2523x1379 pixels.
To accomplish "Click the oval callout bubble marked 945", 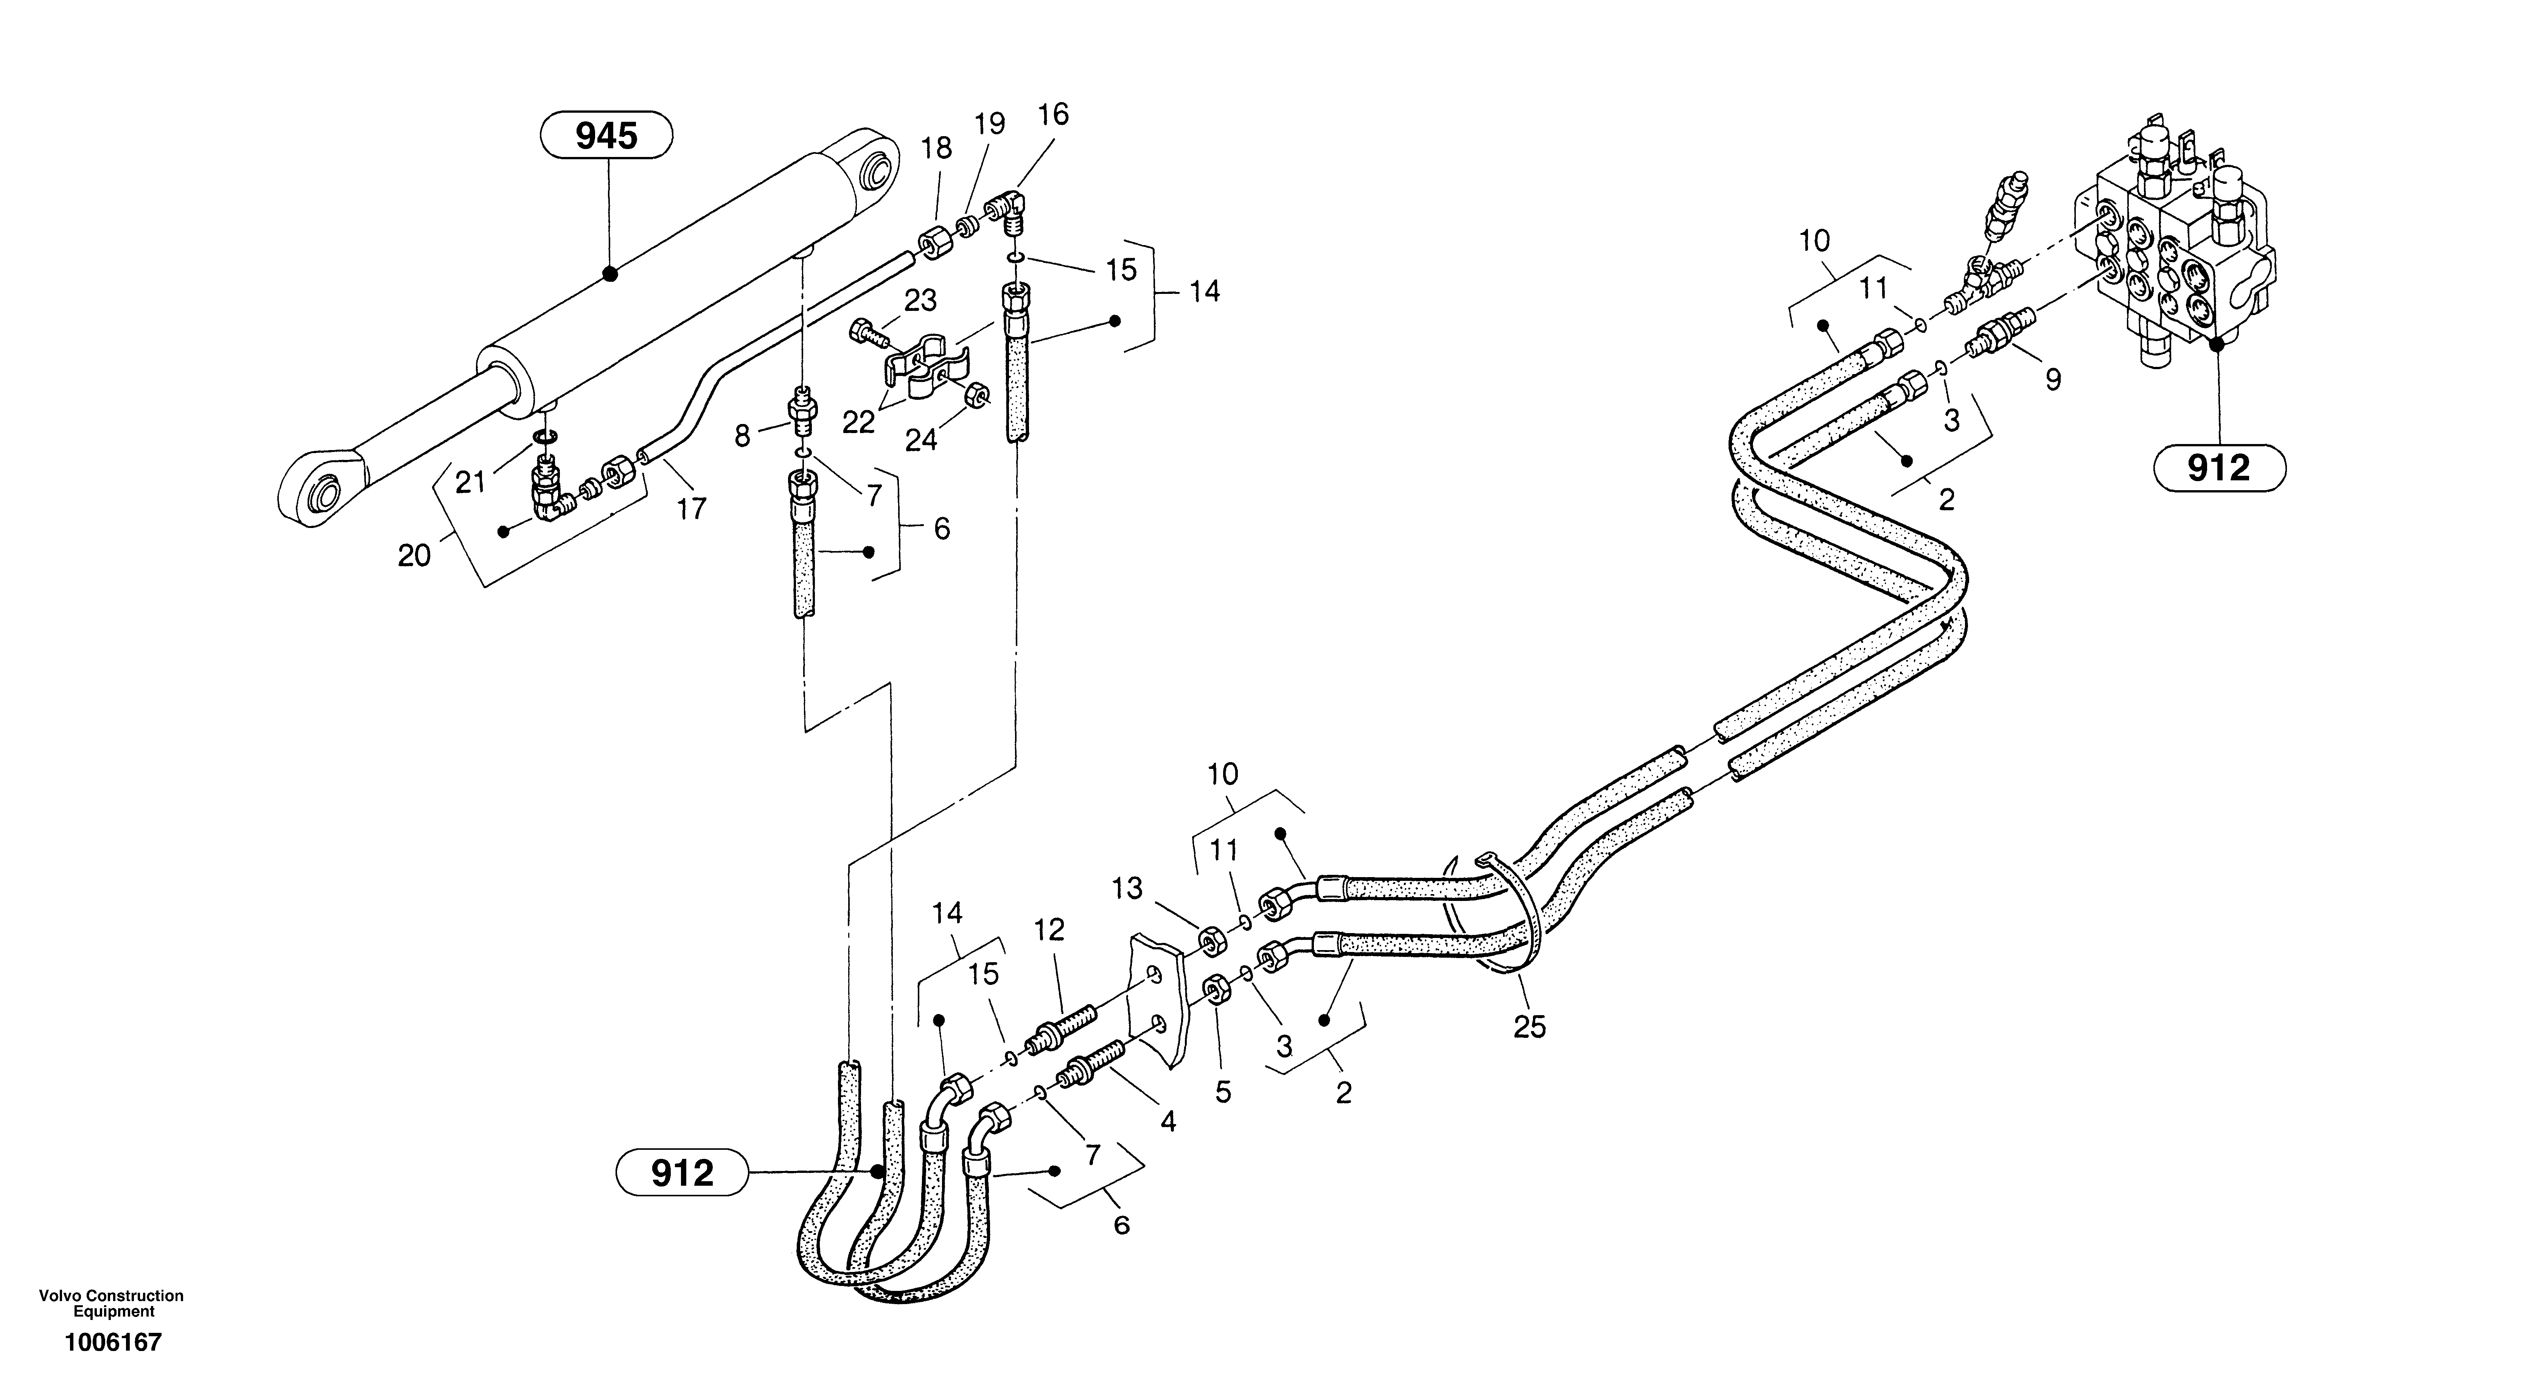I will [x=606, y=136].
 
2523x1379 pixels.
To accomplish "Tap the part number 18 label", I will [x=936, y=148].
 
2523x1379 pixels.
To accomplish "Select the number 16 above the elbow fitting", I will [x=1053, y=115].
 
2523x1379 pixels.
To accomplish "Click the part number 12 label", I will [x=1049, y=929].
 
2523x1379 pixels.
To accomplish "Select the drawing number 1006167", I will [x=113, y=1342].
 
